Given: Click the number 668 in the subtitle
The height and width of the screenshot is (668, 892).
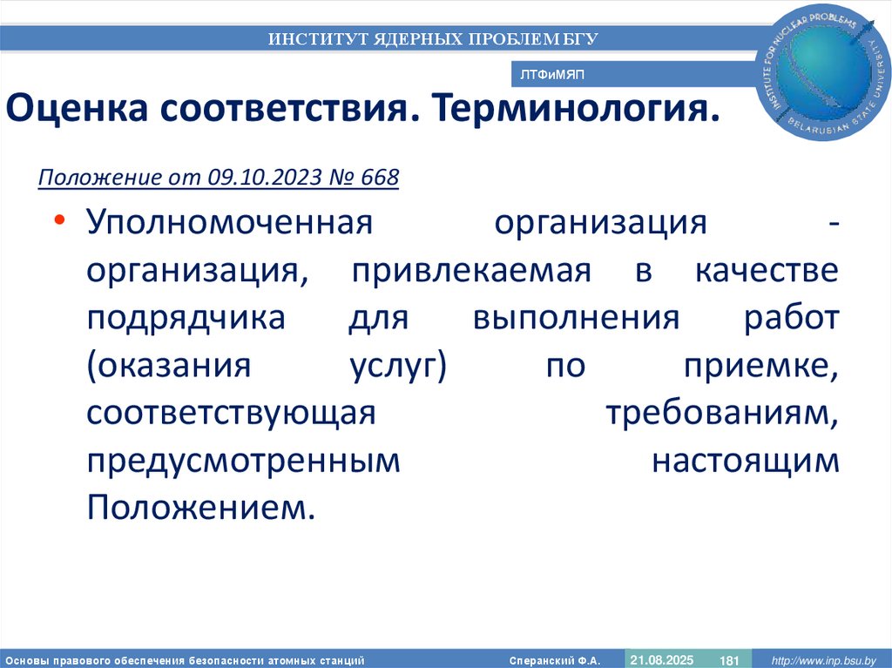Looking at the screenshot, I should point(380,178).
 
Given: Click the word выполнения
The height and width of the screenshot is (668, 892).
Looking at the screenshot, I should point(576,318).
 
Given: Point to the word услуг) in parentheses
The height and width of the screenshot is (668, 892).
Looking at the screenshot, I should point(392,366).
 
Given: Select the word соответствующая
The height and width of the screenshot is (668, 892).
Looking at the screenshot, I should point(231,414).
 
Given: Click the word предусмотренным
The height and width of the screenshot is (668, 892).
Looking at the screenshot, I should point(243,462).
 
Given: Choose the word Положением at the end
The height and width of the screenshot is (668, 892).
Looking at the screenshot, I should point(199,509).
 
